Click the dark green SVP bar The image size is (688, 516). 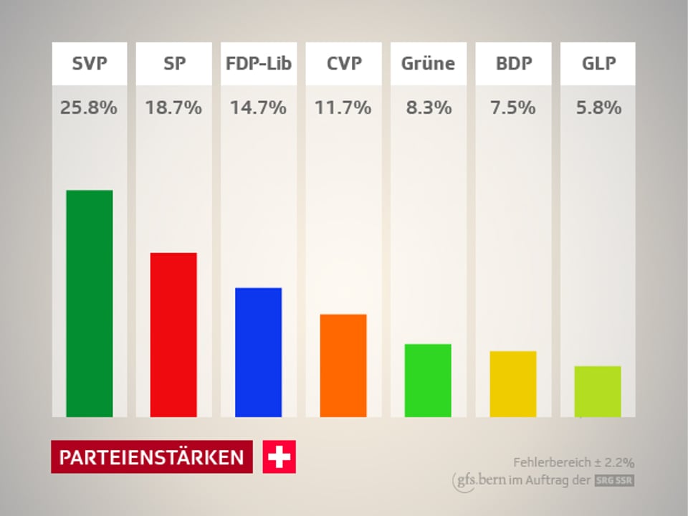tap(90, 303)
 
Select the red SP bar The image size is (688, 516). tap(173, 335)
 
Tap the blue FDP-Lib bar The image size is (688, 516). tap(258, 352)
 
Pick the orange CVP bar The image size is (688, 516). tap(343, 365)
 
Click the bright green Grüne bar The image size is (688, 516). tap(428, 381)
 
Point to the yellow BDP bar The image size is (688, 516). tap(513, 384)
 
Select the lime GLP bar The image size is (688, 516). tap(598, 391)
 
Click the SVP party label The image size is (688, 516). tap(90, 63)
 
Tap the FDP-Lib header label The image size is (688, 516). tap(258, 63)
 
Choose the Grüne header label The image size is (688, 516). tap(428, 63)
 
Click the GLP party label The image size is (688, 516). tap(598, 63)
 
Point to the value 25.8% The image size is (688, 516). tap(90, 108)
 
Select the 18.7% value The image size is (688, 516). tap(173, 108)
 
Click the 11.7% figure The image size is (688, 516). tap(343, 108)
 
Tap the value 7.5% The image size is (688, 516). tap(513, 108)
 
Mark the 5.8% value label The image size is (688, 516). tap(598, 108)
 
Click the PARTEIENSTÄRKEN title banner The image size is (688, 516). tap(151, 457)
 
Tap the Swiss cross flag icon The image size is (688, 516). tap(279, 457)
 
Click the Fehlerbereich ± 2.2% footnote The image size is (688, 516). tap(573, 462)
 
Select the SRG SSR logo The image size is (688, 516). tap(614, 481)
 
